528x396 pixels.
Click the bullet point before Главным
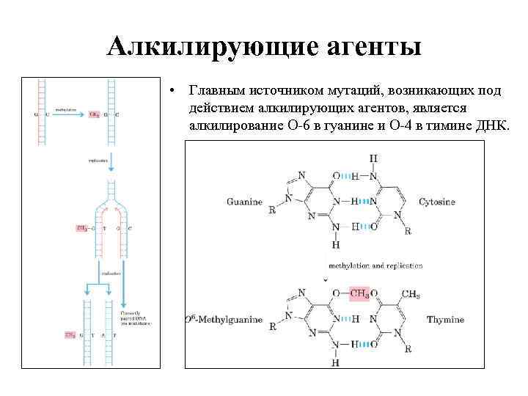point(170,92)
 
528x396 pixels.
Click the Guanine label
point(244,202)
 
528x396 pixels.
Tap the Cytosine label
point(437,202)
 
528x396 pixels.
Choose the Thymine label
point(446,320)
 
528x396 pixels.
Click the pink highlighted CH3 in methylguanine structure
point(359,294)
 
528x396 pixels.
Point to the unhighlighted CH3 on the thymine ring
point(411,295)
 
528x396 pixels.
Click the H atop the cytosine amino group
point(373,158)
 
